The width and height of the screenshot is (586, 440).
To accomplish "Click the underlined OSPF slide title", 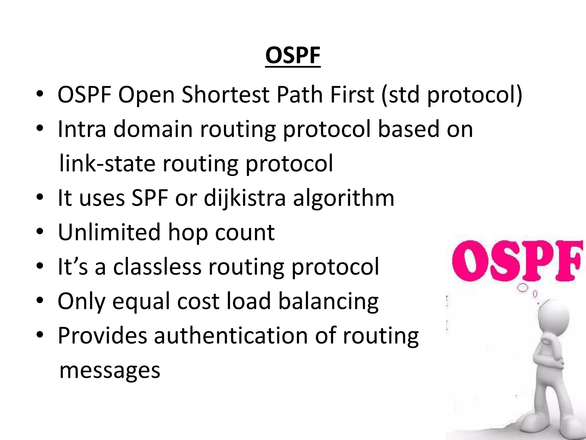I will click(293, 56).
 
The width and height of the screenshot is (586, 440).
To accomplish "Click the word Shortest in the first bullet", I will click(225, 95).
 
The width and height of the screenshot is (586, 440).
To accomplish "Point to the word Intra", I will click(82, 129).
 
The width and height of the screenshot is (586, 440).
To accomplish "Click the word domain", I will click(153, 129).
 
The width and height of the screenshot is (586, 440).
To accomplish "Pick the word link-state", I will click(107, 164).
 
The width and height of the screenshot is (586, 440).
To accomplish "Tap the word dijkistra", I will click(245, 199).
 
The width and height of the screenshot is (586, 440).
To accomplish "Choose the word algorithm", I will click(344, 199).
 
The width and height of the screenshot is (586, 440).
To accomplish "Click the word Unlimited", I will click(109, 232).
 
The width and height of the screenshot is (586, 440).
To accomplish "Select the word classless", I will click(157, 267).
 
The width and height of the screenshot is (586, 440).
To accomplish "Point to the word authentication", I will click(231, 335).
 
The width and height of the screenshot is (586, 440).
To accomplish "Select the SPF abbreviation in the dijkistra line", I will click(149, 198).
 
